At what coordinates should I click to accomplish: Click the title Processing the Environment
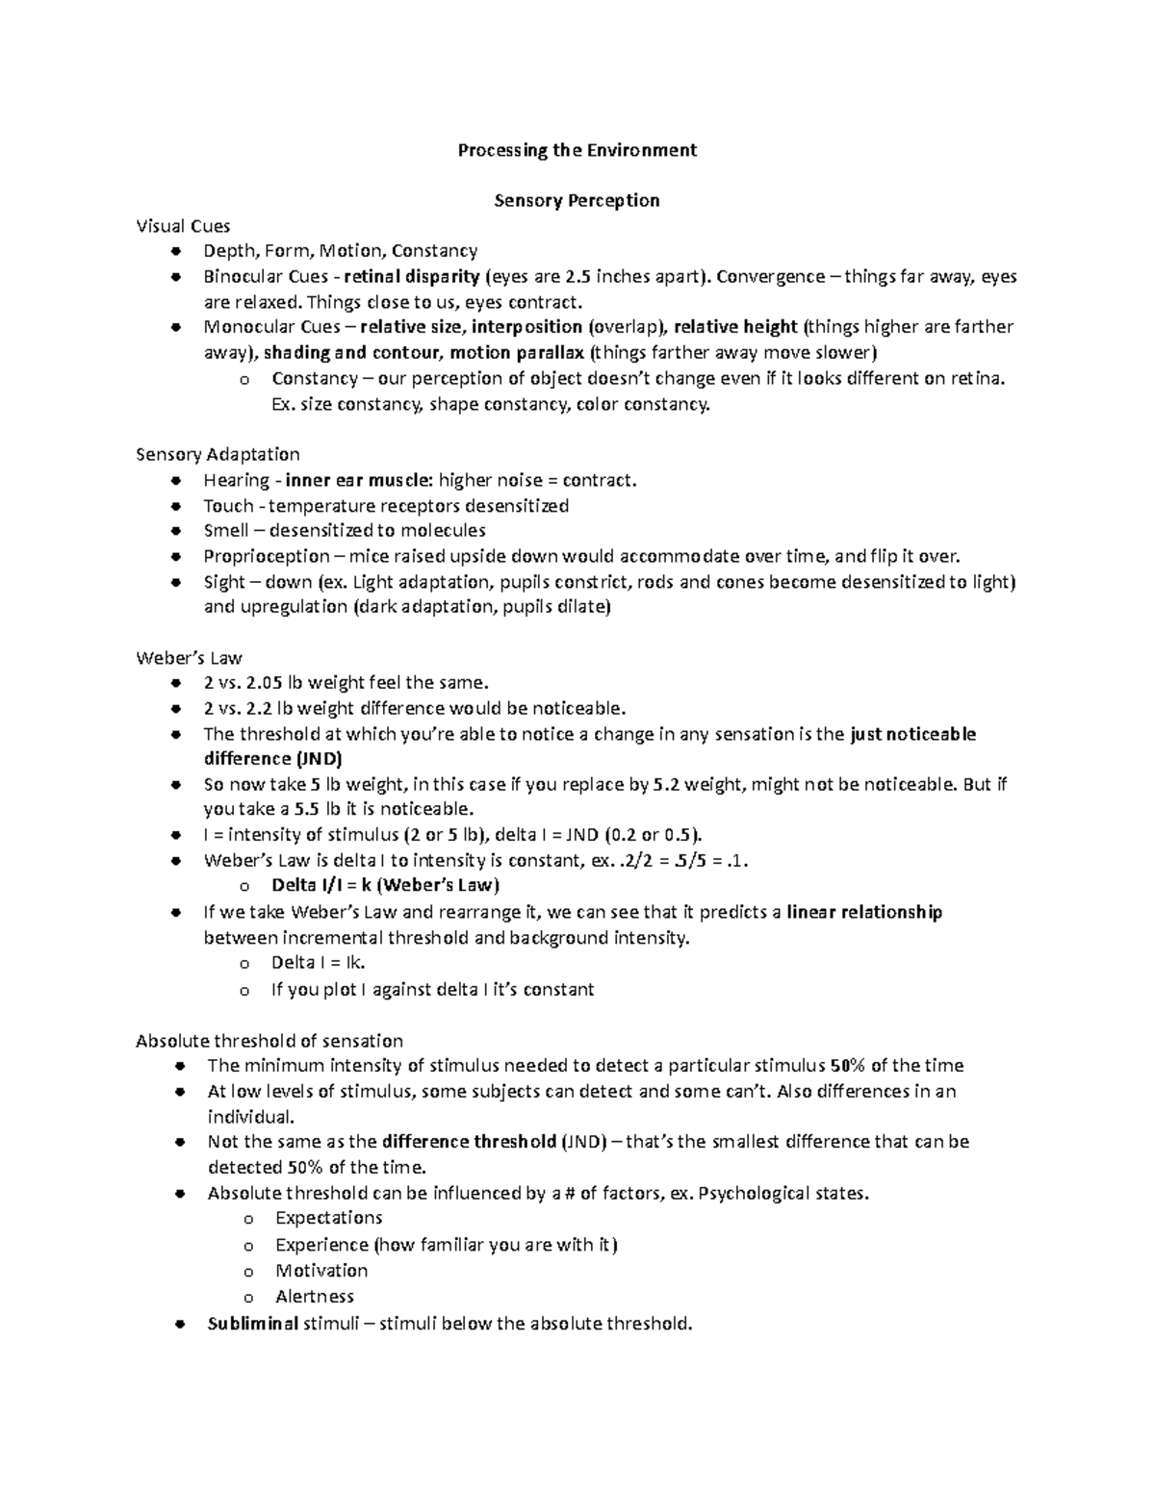click(577, 150)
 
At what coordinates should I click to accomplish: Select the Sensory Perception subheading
click(577, 200)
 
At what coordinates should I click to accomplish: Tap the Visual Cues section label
click(183, 226)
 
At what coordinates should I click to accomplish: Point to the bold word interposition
click(526, 327)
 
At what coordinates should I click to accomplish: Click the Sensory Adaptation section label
click(218, 454)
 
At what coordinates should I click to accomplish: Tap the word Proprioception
click(267, 556)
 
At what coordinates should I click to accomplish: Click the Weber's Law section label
click(189, 658)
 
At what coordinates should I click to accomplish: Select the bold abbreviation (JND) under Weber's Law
click(313, 758)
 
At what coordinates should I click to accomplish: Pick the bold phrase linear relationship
click(863, 912)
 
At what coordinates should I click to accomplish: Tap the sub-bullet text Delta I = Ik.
click(318, 963)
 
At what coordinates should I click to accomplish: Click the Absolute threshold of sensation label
click(269, 1040)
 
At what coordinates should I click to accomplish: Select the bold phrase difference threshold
click(469, 1142)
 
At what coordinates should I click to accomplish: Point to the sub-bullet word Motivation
click(321, 1271)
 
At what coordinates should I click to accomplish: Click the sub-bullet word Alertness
click(315, 1297)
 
